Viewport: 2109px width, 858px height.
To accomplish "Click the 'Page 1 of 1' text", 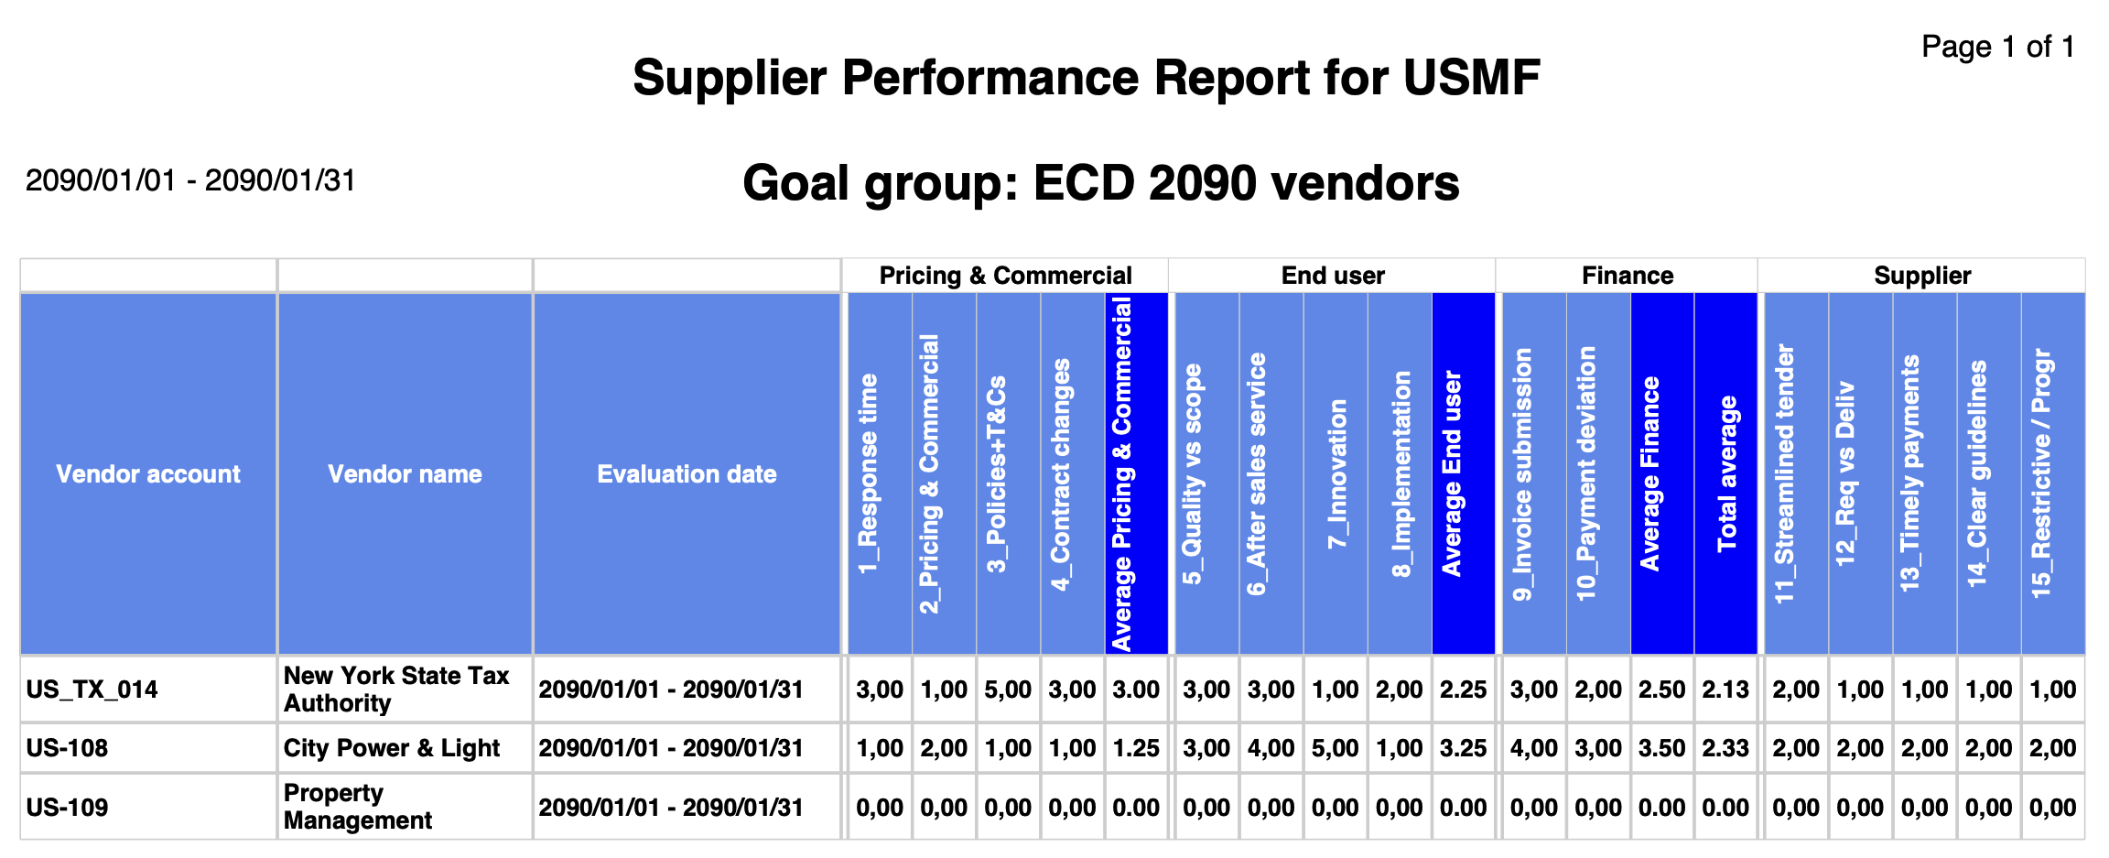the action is pos(1997,47).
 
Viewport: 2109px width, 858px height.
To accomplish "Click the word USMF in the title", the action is pos(1472,77).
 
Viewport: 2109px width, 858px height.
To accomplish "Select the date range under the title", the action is pos(190,180).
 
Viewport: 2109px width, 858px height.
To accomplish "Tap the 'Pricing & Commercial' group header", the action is pos(1005,276).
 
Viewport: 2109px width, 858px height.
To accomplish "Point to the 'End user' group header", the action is pos(1333,276).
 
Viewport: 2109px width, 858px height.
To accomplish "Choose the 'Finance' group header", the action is pos(1628,276).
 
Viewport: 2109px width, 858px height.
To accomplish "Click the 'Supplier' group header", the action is pos(1922,276).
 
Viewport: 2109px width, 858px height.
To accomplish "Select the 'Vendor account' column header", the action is pos(148,473).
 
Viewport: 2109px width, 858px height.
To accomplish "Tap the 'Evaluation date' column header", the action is pos(687,473).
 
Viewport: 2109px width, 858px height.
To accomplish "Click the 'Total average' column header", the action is pos(1726,473).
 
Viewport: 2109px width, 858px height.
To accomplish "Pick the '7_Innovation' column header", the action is pos(1337,473).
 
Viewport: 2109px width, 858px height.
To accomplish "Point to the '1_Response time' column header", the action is pos(867,473).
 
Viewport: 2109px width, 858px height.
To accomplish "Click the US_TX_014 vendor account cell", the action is pos(92,690).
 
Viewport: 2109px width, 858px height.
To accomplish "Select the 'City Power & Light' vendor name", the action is pos(391,748).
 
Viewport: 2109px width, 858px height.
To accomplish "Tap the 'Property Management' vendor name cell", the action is pos(357,807).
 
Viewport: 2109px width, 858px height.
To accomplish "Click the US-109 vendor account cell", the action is pos(67,808).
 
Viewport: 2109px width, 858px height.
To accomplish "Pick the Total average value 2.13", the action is pos(1725,690).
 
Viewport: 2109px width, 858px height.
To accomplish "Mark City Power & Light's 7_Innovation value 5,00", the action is pos(1336,748).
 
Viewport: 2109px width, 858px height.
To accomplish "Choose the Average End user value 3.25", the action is pos(1463,748).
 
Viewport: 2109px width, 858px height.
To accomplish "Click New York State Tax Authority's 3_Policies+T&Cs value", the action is pos(1008,690).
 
